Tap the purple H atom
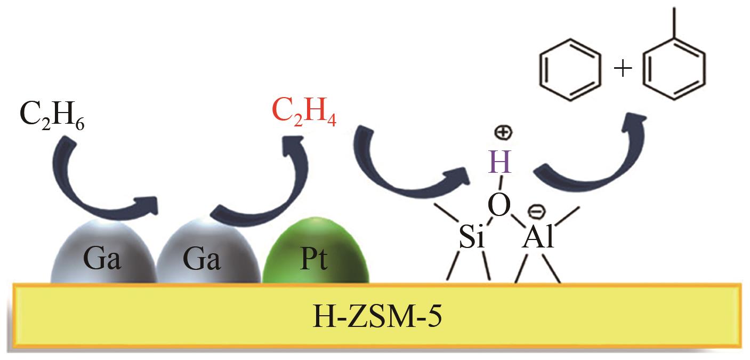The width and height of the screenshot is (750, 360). tap(501, 163)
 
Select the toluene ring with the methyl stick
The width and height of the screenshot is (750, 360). tap(674, 69)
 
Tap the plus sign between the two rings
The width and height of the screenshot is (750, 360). tap(623, 69)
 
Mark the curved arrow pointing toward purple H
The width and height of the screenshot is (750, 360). tap(405, 171)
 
